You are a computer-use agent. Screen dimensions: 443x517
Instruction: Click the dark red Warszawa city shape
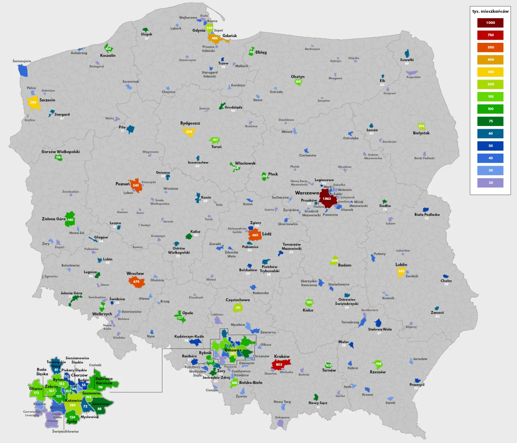pyautogui.click(x=327, y=198)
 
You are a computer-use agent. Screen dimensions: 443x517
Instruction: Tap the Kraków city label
pyautogui.click(x=282, y=357)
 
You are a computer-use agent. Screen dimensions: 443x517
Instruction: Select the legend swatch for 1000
pyautogui.click(x=490, y=23)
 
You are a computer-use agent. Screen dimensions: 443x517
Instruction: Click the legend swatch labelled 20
pyautogui.click(x=490, y=183)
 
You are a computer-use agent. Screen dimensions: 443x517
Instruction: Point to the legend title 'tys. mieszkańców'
pyautogui.click(x=490, y=11)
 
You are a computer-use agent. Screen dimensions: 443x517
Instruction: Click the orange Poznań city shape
pyautogui.click(x=136, y=185)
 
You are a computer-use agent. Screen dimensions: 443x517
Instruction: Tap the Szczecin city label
pyautogui.click(x=47, y=100)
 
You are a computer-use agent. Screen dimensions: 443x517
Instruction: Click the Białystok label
pyautogui.click(x=421, y=133)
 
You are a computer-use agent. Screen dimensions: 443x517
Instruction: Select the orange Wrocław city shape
pyautogui.click(x=137, y=282)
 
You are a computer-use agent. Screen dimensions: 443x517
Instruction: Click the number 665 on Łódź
pyautogui.click(x=255, y=235)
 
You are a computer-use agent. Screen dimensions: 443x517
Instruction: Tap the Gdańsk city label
pyautogui.click(x=229, y=36)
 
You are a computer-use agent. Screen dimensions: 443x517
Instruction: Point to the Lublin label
pyautogui.click(x=401, y=265)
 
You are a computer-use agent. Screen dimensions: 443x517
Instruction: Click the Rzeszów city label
pyautogui.click(x=378, y=372)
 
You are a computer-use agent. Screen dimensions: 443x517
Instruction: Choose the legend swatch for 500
pyautogui.click(x=490, y=47)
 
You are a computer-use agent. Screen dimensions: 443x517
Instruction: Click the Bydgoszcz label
pyautogui.click(x=190, y=123)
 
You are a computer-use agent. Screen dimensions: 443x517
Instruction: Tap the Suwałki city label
pyautogui.click(x=407, y=60)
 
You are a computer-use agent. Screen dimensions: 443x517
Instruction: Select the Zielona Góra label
pyautogui.click(x=53, y=219)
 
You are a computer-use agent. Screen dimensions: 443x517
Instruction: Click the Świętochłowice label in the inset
pyautogui.click(x=65, y=431)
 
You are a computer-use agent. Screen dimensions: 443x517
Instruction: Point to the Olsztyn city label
pyautogui.click(x=298, y=77)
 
